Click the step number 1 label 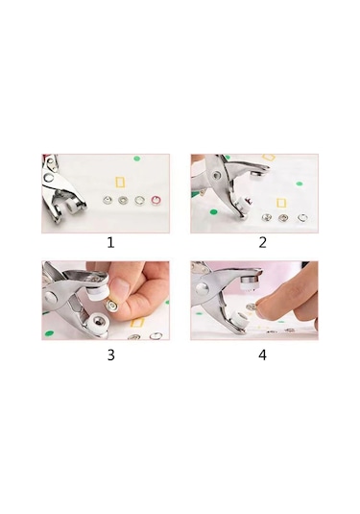[110, 243]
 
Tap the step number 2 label [262, 243]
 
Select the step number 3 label [111, 355]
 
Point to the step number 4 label [262, 355]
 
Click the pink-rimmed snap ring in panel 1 [156, 200]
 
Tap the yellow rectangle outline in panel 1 [120, 183]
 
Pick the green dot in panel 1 [137, 159]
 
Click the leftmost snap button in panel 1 [107, 200]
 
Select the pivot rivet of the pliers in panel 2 [216, 176]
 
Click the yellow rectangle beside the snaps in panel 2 [281, 203]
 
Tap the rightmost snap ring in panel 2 [302, 217]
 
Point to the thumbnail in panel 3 [122, 286]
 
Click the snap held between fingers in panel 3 [112, 306]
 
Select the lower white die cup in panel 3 [97, 323]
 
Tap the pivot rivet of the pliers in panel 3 [51, 297]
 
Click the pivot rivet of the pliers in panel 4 [203, 289]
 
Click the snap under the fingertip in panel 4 [252, 307]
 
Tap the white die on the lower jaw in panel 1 [74, 208]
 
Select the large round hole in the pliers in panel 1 [49, 178]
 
